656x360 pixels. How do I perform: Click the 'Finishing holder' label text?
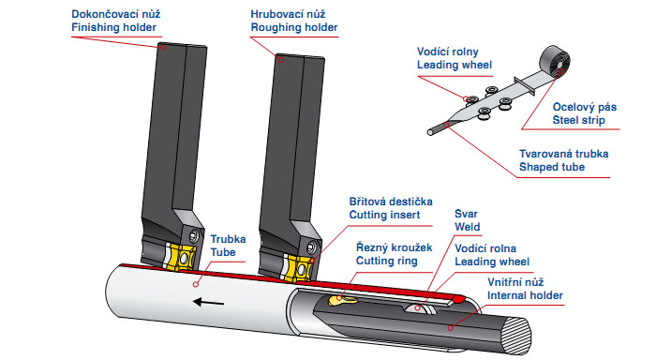pos(113,27)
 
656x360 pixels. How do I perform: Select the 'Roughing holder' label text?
pos(294,27)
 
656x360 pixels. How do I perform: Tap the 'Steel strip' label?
pos(578,121)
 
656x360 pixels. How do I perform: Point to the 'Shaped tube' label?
pos(552,167)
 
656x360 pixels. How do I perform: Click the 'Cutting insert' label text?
pos(384,216)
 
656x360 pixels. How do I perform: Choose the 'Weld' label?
pos(468,227)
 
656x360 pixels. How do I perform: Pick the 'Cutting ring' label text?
pos(386,262)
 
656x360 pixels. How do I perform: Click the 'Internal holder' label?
pos(525,295)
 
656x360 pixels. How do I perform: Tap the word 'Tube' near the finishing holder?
pos(223,252)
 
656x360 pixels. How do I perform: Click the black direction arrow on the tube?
pos(208,302)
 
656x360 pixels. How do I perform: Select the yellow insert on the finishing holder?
pos(180,258)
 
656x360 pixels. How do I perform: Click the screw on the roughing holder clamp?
pos(311,247)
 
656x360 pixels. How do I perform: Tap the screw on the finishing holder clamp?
pos(194,236)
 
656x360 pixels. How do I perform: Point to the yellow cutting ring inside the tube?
pos(342,300)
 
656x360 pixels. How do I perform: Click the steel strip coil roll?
pos(555,61)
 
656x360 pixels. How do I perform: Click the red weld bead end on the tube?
pos(458,299)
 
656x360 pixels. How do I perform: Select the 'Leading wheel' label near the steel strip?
pos(455,66)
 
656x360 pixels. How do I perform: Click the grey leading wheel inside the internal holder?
pos(421,308)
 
